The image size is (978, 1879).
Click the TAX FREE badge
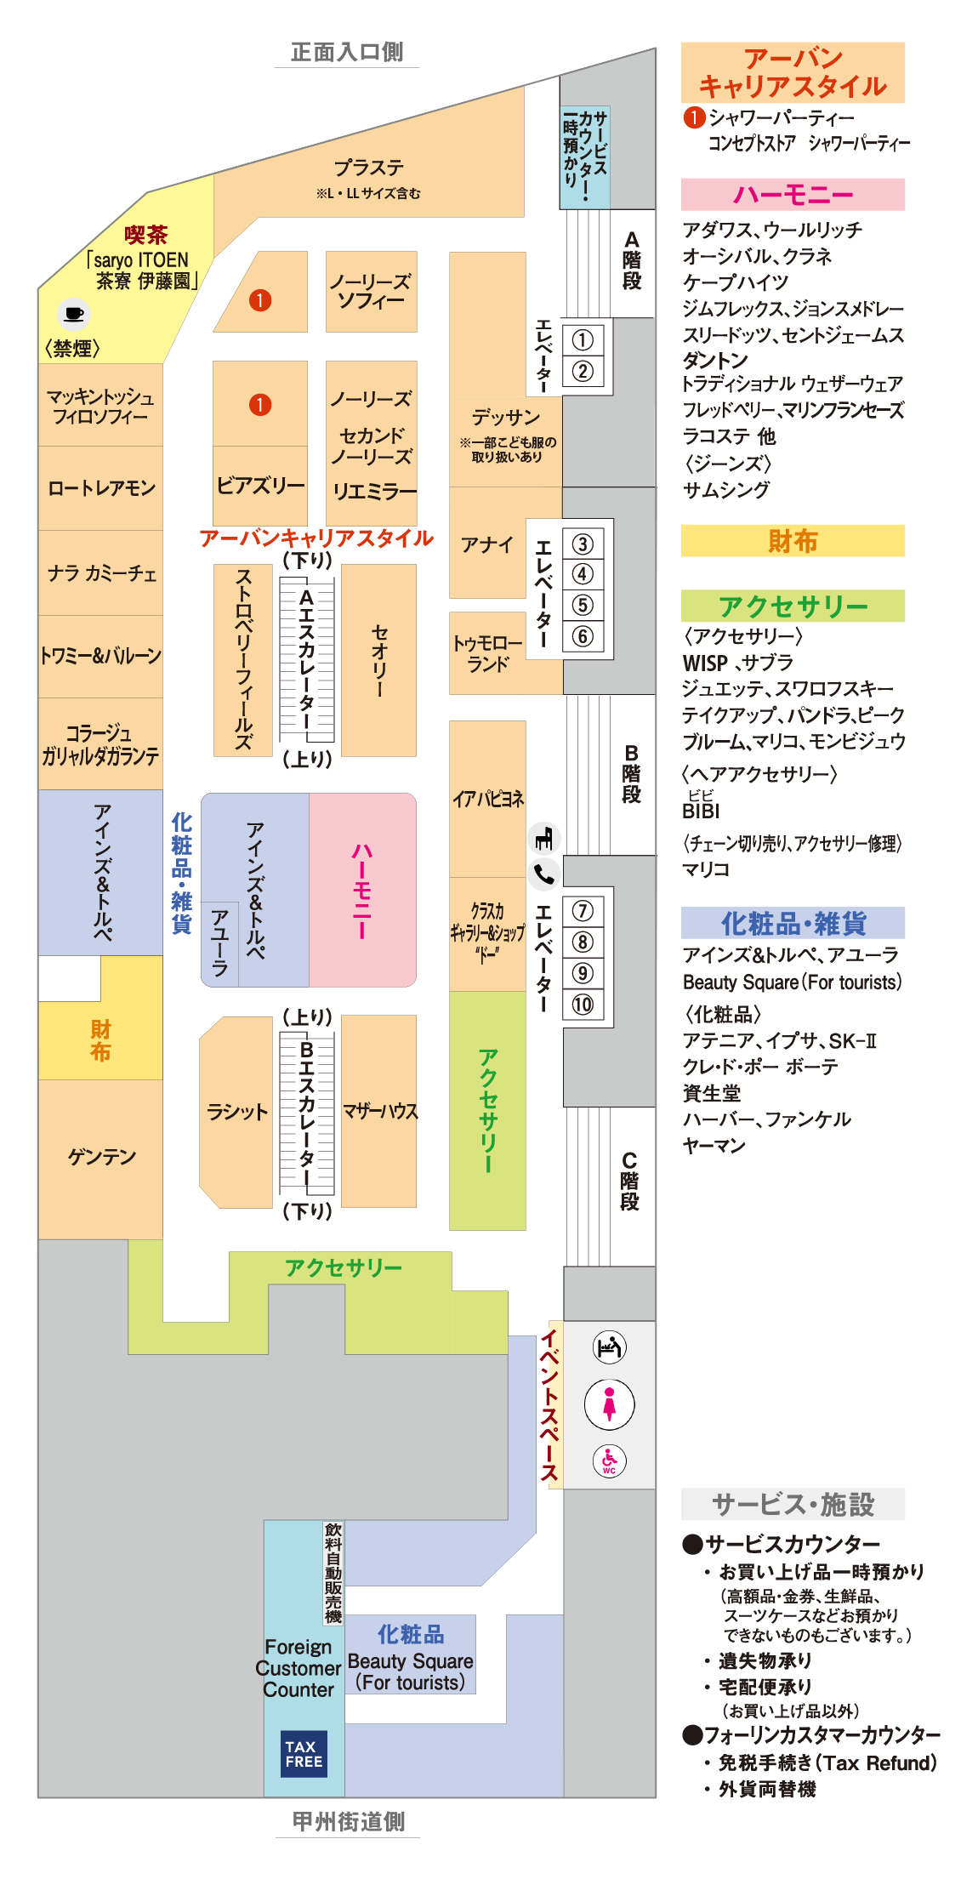click(304, 1753)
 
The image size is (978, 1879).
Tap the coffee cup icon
click(74, 314)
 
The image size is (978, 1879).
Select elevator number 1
click(583, 340)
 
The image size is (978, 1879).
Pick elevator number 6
click(583, 635)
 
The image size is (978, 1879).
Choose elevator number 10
click(583, 1005)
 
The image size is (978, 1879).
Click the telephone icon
click(544, 874)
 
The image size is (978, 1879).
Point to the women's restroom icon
click(609, 1404)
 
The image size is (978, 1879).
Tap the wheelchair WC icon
click(609, 1460)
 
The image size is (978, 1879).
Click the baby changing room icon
click(609, 1347)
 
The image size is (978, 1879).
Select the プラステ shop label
click(368, 168)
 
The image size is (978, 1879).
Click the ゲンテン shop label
click(101, 1157)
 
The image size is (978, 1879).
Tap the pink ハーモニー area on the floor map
click(362, 890)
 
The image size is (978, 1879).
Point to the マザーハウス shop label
click(379, 1111)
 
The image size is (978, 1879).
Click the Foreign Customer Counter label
click(299, 1668)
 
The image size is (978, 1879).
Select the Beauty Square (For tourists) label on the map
click(410, 1671)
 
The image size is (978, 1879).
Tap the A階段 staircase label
click(631, 260)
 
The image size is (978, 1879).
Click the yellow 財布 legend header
click(793, 541)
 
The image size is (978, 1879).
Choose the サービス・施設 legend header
click(793, 1504)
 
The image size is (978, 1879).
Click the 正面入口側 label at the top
click(347, 52)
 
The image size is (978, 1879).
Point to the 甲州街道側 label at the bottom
click(348, 1821)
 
